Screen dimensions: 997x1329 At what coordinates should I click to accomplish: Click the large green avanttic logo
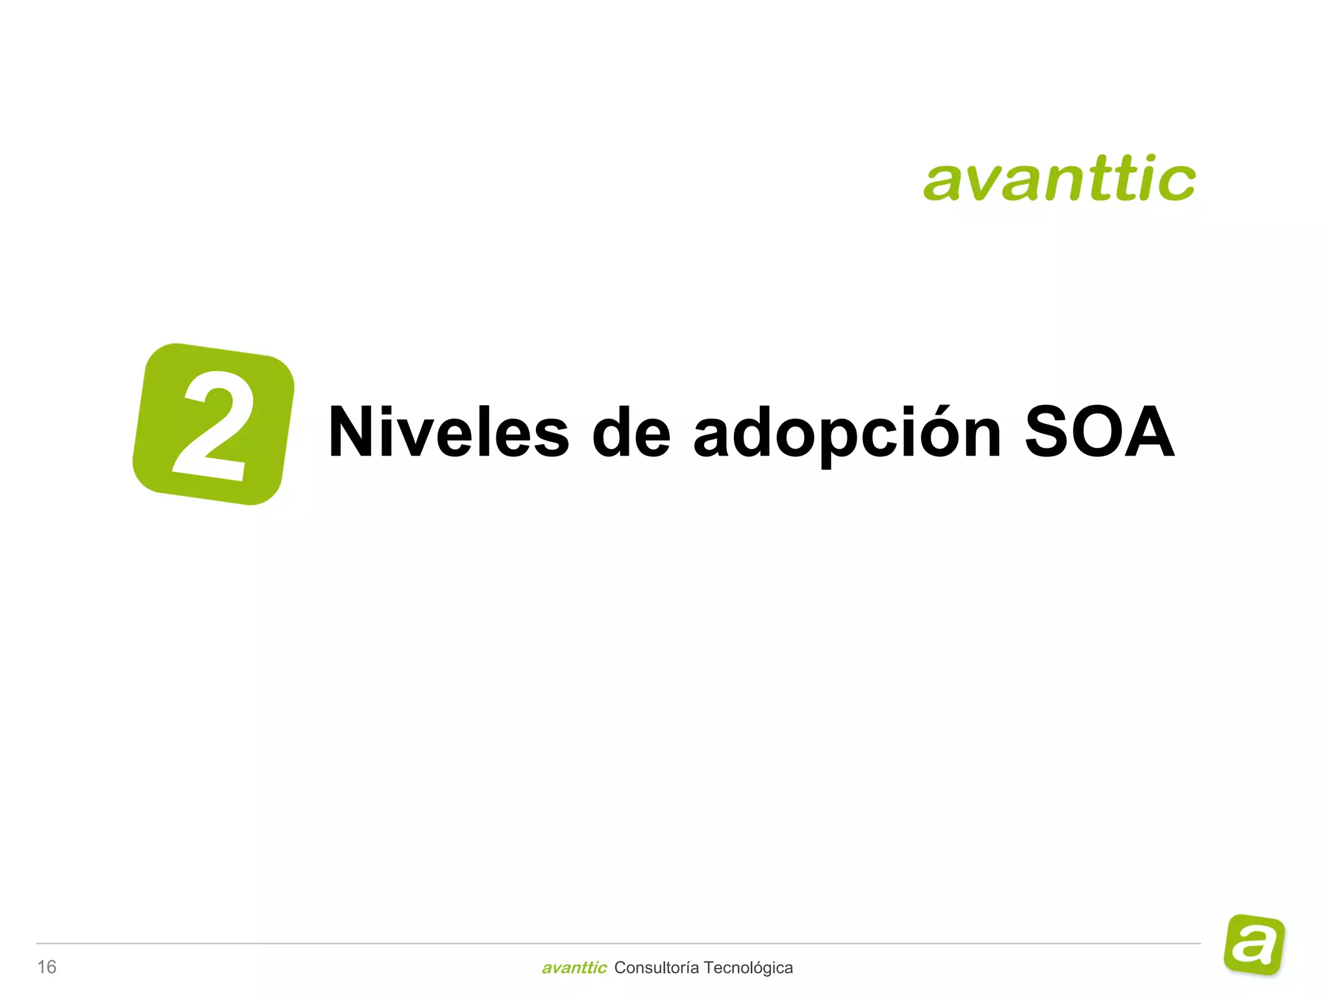[x=1059, y=178]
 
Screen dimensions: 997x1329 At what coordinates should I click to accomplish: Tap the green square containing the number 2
[x=213, y=424]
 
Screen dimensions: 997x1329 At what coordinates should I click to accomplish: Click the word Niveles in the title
[x=448, y=432]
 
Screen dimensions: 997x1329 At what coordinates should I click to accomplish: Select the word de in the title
[x=631, y=432]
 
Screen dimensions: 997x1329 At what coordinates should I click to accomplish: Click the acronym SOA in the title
[x=1099, y=432]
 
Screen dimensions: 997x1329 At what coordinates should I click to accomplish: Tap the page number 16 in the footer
[x=47, y=967]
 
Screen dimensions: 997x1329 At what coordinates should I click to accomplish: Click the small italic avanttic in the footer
[x=574, y=968]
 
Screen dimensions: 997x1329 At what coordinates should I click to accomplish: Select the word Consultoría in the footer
[x=656, y=968]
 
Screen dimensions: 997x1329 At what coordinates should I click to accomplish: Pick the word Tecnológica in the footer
[x=748, y=968]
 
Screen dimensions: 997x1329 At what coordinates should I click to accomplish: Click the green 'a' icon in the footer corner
[x=1254, y=944]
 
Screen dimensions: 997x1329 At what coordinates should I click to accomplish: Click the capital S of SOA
[x=1050, y=432]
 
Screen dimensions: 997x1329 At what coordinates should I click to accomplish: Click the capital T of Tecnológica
[x=709, y=968]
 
